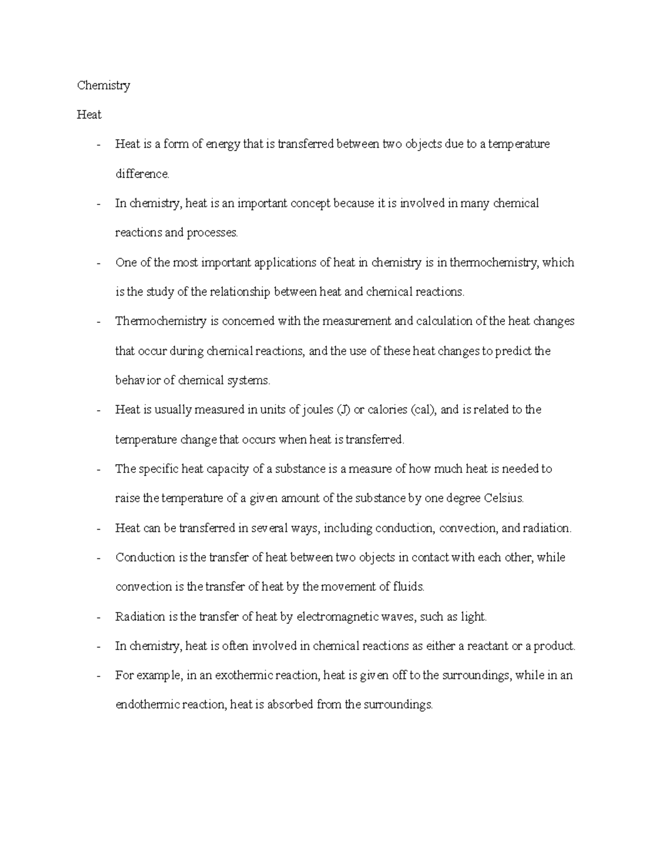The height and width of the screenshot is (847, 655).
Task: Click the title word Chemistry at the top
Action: [x=103, y=86]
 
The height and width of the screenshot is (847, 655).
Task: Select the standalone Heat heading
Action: [x=89, y=115]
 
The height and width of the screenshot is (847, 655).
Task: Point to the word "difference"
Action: [x=142, y=174]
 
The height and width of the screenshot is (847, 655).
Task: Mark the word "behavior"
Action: [x=138, y=381]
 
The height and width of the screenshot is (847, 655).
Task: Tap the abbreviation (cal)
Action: [x=424, y=410]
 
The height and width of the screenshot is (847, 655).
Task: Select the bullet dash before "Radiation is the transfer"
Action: [x=98, y=617]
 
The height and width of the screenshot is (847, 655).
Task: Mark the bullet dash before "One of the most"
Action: [x=98, y=263]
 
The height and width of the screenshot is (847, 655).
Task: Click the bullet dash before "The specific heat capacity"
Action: [x=98, y=470]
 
